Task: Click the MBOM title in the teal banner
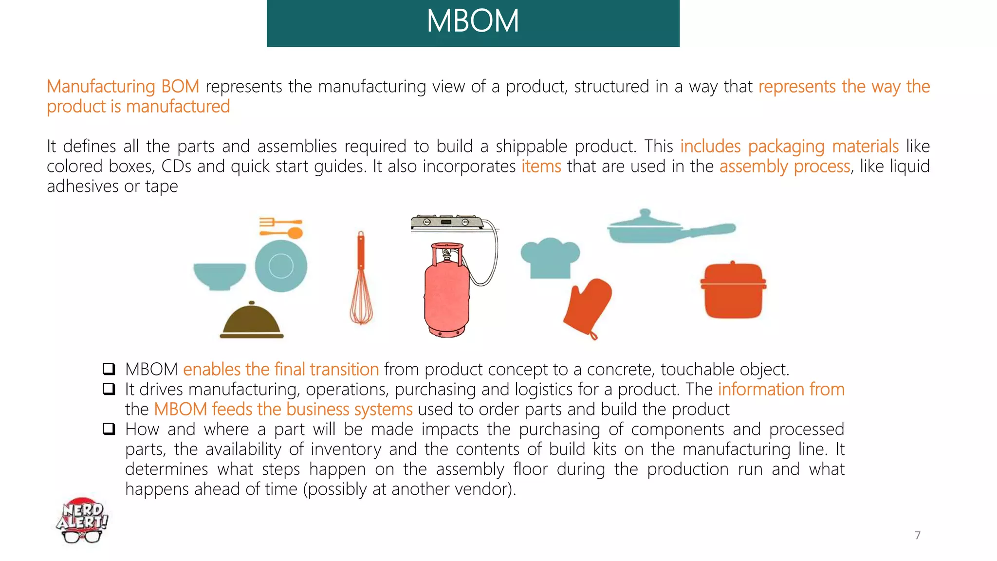coord(473,21)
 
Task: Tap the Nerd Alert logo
coord(82,520)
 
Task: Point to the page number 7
coord(918,535)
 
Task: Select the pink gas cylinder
coord(446,292)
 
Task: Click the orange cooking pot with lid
coord(733,290)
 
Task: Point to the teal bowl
coord(220,275)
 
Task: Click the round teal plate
coord(281,266)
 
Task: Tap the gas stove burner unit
coord(446,223)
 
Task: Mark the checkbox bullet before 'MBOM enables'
coord(109,369)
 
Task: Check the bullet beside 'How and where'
coord(109,429)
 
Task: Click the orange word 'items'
coord(541,167)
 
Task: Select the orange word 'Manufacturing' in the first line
coord(101,87)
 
